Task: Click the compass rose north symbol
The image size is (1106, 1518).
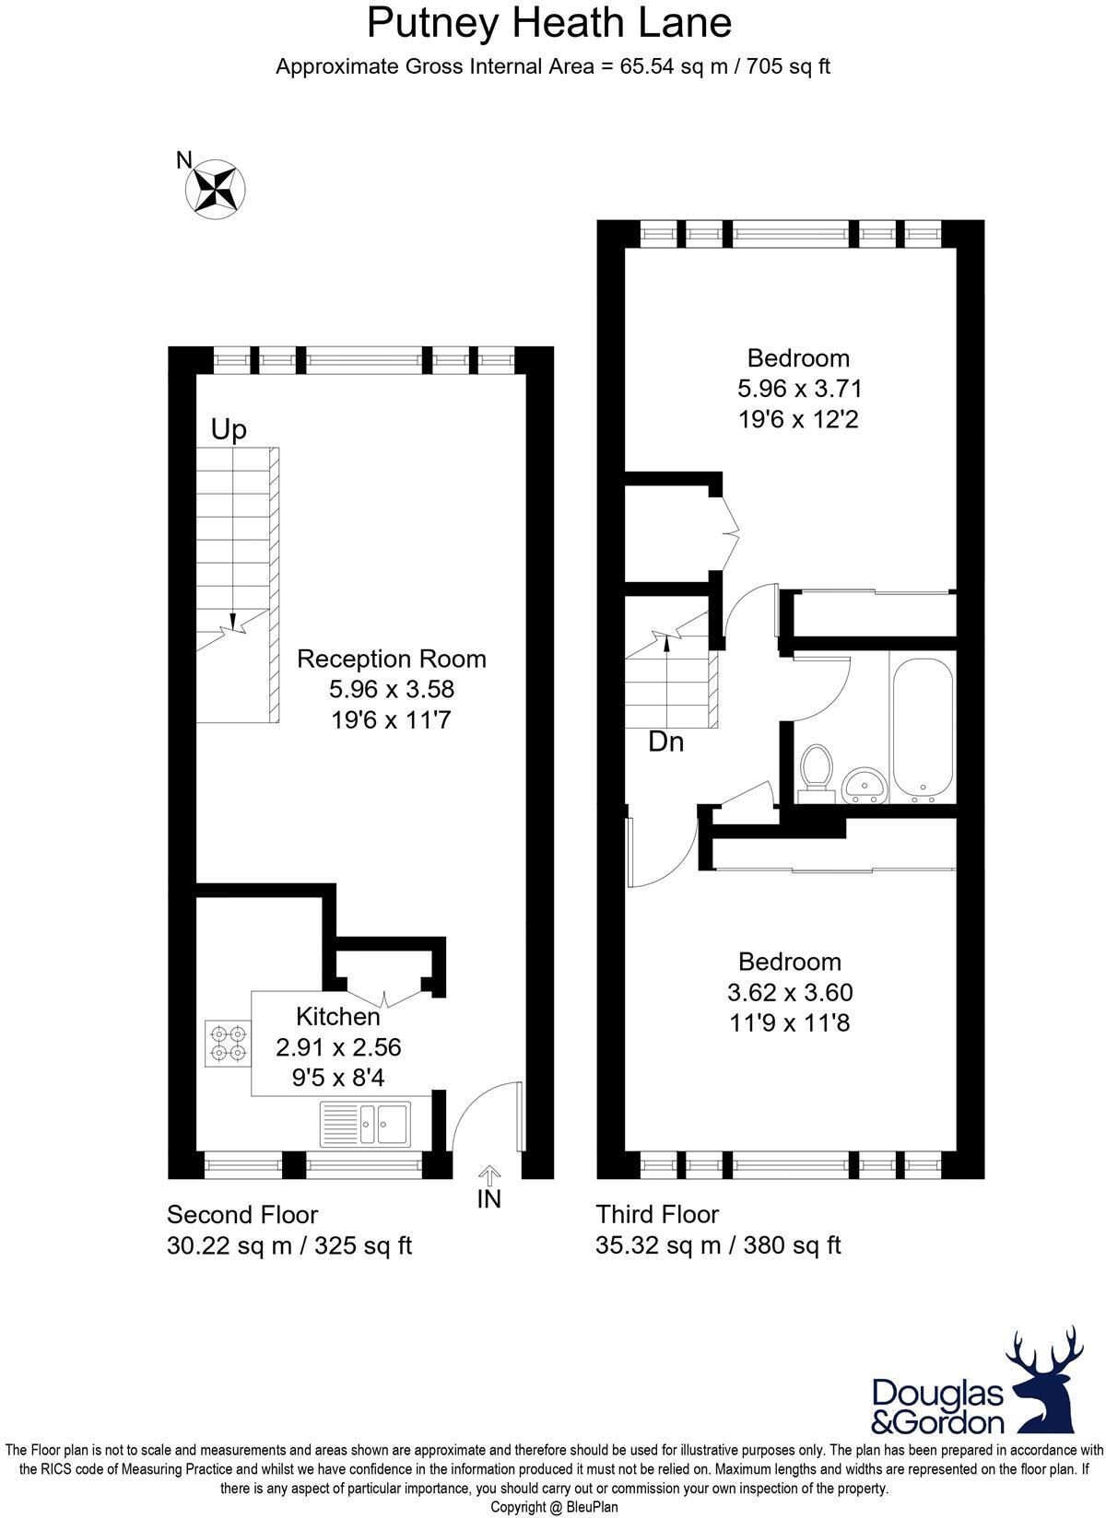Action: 216,189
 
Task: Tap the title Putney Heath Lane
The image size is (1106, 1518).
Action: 549,22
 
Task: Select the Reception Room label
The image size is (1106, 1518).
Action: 392,659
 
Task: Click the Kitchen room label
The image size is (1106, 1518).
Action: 337,1016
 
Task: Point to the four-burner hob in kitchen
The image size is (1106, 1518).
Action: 228,1043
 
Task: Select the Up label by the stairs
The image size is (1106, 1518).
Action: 229,430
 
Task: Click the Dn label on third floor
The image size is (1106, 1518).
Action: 665,741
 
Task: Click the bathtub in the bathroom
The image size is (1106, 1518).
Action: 922,728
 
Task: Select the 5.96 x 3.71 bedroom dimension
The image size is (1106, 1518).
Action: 799,388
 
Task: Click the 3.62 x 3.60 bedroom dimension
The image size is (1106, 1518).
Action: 790,992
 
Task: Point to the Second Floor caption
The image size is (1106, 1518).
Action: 242,1214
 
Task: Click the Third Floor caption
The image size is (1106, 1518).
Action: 657,1214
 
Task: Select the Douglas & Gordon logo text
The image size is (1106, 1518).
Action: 937,1406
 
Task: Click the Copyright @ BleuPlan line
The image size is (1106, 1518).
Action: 553,1507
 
